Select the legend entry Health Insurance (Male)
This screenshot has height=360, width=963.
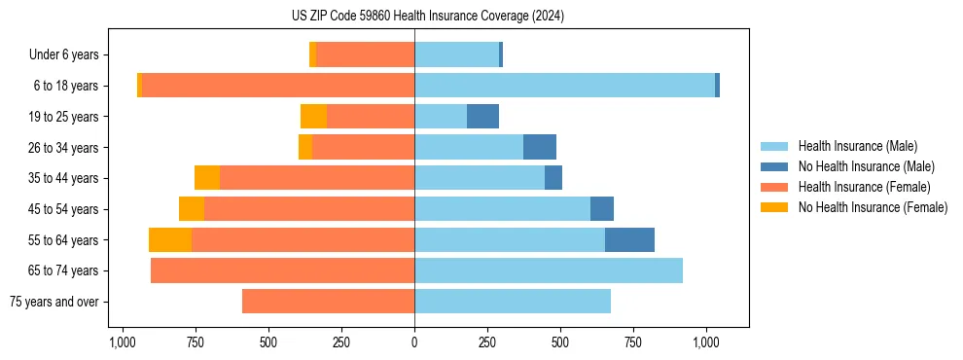[x=855, y=146]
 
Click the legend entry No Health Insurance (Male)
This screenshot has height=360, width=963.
[x=866, y=166]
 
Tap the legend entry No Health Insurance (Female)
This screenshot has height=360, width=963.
[x=873, y=207]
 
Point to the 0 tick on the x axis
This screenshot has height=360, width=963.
[x=414, y=342]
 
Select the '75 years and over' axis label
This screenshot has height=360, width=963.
[x=54, y=302]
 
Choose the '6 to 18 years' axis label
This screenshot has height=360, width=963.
[x=66, y=86]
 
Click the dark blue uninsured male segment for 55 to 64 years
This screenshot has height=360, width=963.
[x=629, y=239]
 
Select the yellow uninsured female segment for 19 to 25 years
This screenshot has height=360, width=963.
[x=313, y=117]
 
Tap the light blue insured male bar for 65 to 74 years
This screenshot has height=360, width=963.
[x=549, y=270]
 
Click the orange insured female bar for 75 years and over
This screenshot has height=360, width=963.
[x=328, y=302]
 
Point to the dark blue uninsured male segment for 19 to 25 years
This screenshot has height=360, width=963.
[x=482, y=117]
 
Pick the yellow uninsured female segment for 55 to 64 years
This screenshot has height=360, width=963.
[x=170, y=239]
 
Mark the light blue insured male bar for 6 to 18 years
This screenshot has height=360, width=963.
[x=564, y=86]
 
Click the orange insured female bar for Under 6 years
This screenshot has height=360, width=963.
[x=365, y=54]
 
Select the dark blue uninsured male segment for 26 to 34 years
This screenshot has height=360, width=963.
[x=540, y=147]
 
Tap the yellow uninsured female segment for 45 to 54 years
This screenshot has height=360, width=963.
[x=192, y=209]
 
